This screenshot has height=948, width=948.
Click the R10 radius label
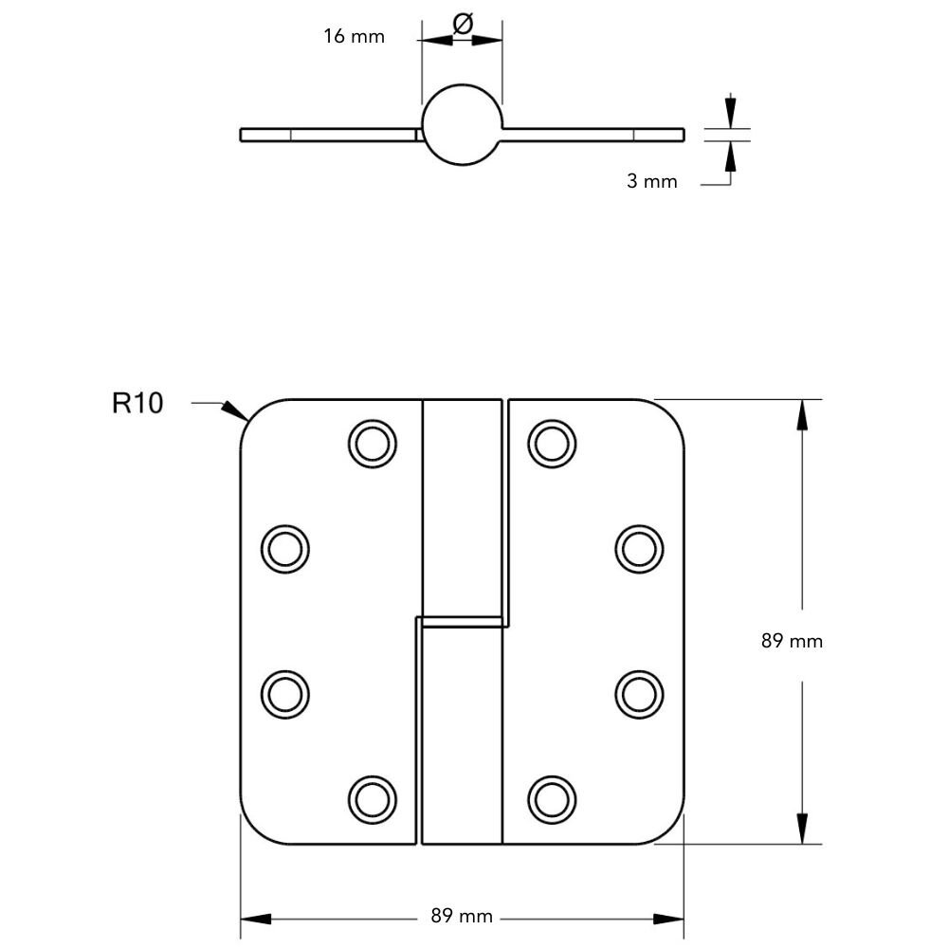(137, 404)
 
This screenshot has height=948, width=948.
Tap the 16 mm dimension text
(354, 37)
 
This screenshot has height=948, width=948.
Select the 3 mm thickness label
(652, 181)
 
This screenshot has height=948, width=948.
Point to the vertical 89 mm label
(792, 641)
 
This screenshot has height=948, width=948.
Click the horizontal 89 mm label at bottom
(462, 917)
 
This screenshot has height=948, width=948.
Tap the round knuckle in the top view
(462, 127)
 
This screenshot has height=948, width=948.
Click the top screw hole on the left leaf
(372, 442)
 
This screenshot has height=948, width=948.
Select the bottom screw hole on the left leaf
(372, 798)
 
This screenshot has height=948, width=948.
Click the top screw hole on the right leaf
(552, 442)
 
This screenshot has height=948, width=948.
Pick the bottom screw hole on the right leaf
(552, 798)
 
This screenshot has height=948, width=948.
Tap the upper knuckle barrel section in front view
(462, 507)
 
